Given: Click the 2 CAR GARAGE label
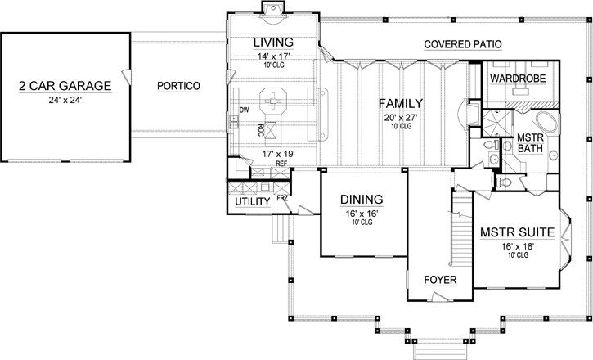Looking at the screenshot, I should [x=63, y=85].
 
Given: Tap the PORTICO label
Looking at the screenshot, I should [x=178, y=85].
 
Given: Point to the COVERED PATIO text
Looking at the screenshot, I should [x=462, y=43].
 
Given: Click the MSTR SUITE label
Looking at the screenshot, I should [x=517, y=232].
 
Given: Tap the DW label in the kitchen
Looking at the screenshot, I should [x=243, y=109].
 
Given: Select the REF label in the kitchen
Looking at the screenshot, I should [x=280, y=164].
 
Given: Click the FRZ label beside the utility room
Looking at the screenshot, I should [x=282, y=198].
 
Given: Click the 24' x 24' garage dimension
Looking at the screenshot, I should [x=63, y=101].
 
